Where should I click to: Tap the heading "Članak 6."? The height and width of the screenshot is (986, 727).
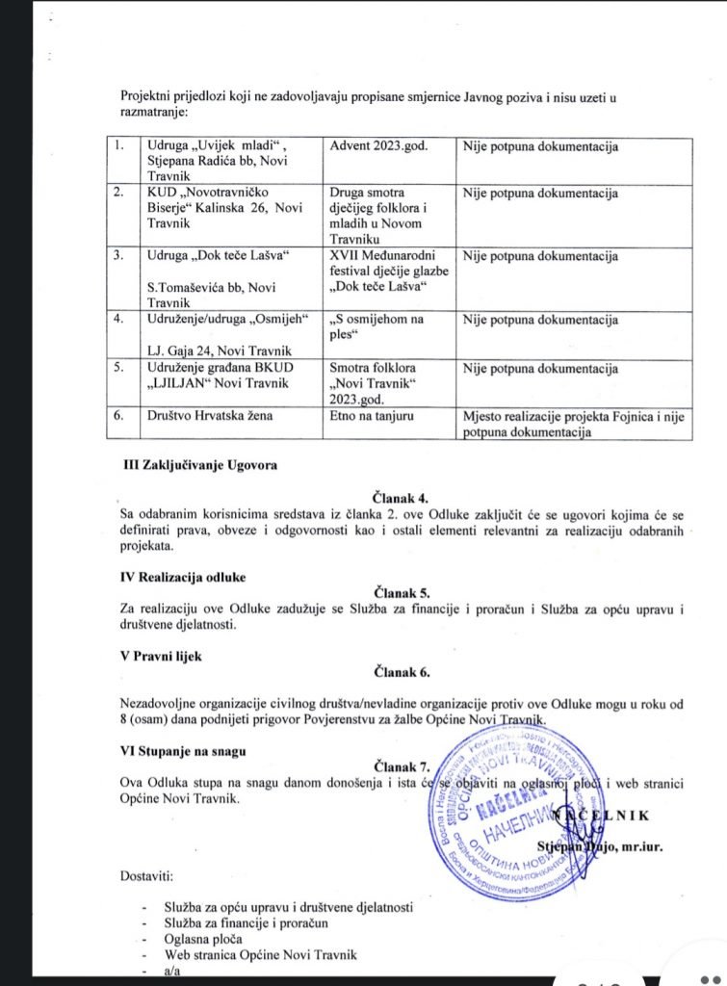point(403,672)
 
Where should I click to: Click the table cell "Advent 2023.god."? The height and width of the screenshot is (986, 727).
point(379,146)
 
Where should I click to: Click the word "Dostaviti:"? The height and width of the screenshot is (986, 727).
point(149,876)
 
